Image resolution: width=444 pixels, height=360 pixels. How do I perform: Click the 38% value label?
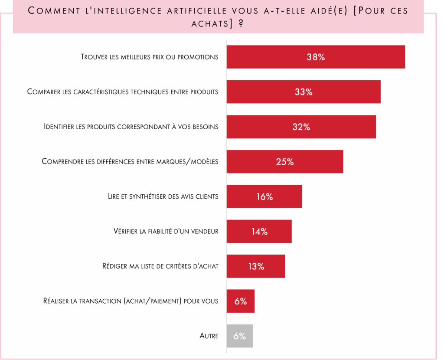pos(316,57)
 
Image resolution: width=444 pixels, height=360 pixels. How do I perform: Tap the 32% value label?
pos(301,127)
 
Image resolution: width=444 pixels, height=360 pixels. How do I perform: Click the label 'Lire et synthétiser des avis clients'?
pos(163,196)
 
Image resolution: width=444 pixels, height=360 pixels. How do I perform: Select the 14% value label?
pos(259,232)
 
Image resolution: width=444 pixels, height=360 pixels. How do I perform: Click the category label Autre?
pos(209,336)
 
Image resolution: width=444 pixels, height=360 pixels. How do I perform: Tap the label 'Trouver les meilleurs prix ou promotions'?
pos(150,57)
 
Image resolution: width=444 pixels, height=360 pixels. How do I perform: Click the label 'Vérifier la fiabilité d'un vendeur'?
pos(166,232)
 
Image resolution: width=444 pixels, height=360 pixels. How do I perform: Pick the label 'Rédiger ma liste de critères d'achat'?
pos(160,266)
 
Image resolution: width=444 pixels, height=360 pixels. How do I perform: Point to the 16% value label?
pos(264,196)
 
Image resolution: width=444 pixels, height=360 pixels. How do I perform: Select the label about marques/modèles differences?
pos(130,162)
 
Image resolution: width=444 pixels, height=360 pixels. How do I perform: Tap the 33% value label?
pos(304,92)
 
